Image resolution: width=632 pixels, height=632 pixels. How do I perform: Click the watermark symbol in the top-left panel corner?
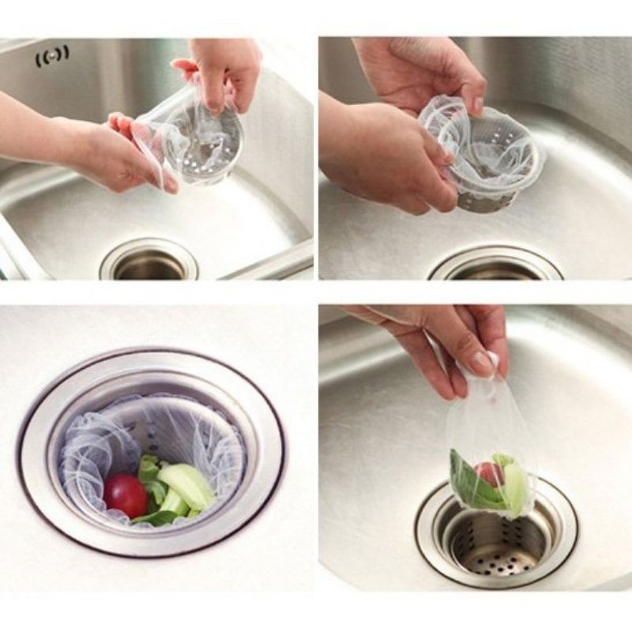pos(52,55)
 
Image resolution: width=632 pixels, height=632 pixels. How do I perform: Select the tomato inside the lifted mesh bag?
pos(489,472)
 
